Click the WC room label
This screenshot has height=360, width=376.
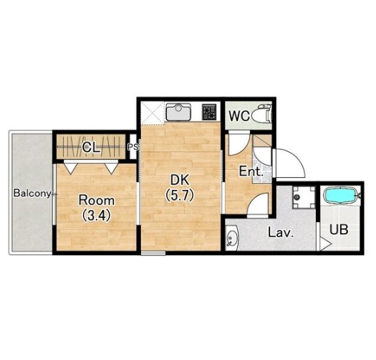pos(239,116)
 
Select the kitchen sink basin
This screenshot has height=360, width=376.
pos(178,112)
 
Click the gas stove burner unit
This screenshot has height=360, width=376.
pos(209,112)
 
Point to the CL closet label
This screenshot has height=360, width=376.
pos(91,148)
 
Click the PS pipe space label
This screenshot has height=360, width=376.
pos(132,147)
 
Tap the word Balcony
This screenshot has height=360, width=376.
pos(32,194)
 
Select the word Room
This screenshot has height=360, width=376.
pos(97,201)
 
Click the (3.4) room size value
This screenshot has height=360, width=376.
pos(97,215)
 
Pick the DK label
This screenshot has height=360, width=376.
pos(179,180)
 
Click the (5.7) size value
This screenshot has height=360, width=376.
pos(179,196)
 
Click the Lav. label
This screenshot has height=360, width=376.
pos(281,232)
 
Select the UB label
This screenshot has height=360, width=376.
pos(339,229)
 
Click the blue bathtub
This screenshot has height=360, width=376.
pos(340,196)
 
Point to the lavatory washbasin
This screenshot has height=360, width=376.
pos(231,239)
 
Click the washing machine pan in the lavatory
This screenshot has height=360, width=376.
pos(304,197)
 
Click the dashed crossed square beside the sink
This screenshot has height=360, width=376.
pos(153,113)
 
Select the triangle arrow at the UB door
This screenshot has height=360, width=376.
pos(326,244)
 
